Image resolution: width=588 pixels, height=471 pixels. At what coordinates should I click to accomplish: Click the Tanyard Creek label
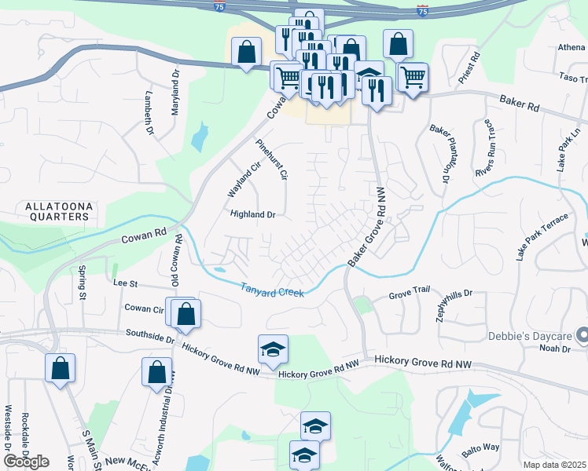271,290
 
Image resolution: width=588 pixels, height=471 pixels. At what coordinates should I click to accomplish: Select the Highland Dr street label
253,214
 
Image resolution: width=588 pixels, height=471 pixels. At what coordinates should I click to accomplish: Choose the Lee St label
125,282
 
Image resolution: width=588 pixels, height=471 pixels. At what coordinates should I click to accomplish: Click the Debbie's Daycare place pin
582,335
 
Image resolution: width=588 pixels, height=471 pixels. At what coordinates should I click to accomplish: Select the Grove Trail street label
410,297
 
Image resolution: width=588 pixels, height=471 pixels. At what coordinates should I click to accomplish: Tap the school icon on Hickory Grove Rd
273,349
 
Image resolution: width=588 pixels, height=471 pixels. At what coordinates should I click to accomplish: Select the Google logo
25,462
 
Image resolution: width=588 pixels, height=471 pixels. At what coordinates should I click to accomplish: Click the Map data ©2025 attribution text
554,465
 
